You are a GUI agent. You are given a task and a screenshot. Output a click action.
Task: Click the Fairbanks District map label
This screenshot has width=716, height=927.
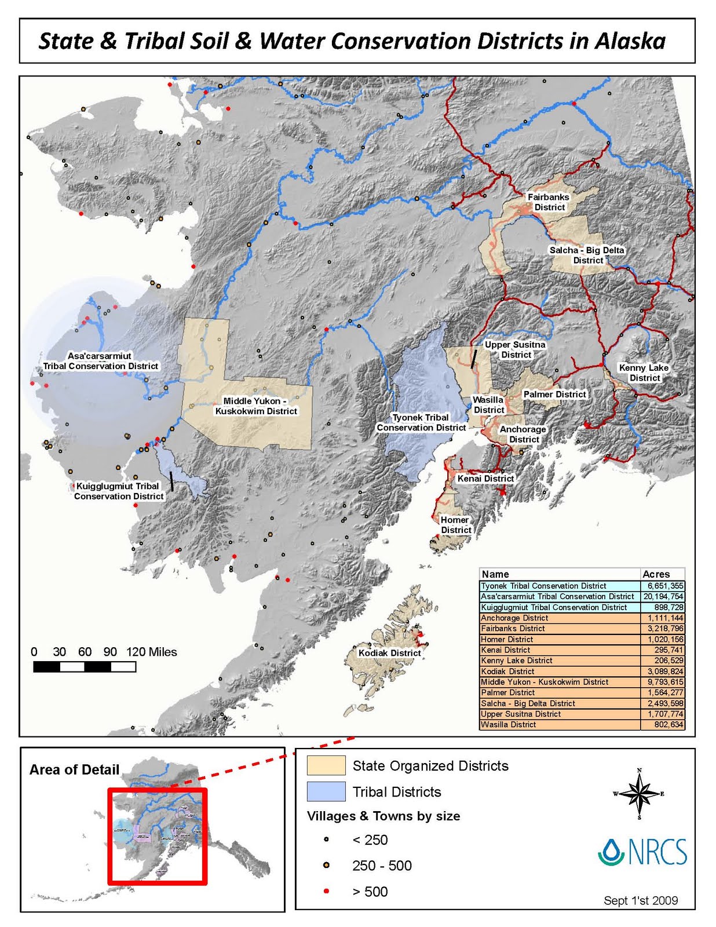549,202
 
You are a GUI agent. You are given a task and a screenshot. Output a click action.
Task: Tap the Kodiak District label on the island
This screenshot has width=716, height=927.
389,653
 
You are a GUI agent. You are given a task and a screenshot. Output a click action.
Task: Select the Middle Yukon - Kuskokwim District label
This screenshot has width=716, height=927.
256,406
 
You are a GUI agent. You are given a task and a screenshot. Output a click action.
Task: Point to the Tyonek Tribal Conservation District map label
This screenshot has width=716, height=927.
421,422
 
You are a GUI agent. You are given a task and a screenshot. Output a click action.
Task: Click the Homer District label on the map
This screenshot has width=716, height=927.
455,525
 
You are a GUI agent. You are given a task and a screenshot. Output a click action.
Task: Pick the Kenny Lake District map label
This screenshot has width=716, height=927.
644,373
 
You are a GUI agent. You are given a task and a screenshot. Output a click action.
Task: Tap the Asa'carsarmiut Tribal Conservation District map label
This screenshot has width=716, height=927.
100,361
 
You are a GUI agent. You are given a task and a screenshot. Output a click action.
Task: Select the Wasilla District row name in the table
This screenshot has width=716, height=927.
508,725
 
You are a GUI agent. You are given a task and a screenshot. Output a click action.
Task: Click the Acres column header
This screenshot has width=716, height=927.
656,574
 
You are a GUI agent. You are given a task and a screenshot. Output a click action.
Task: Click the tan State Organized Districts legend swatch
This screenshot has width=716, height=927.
326,765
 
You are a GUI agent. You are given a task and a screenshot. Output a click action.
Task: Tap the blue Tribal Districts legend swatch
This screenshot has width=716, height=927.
326,791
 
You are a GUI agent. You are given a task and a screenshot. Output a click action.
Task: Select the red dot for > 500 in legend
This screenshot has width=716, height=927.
326,891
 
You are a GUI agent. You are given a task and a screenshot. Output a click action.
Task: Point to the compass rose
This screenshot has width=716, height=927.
639,794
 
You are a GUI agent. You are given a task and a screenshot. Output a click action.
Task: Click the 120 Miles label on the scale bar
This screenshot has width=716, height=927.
151,652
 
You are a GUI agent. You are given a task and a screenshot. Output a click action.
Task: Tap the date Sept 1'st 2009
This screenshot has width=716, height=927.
641,900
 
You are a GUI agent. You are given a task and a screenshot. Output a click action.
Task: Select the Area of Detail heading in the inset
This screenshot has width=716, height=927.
74,769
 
